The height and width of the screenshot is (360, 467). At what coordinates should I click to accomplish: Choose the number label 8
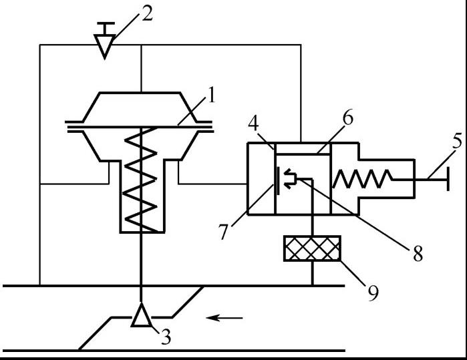pyautogui.click(x=417, y=253)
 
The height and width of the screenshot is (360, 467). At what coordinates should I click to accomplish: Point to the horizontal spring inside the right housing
pyautogui.click(x=361, y=179)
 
